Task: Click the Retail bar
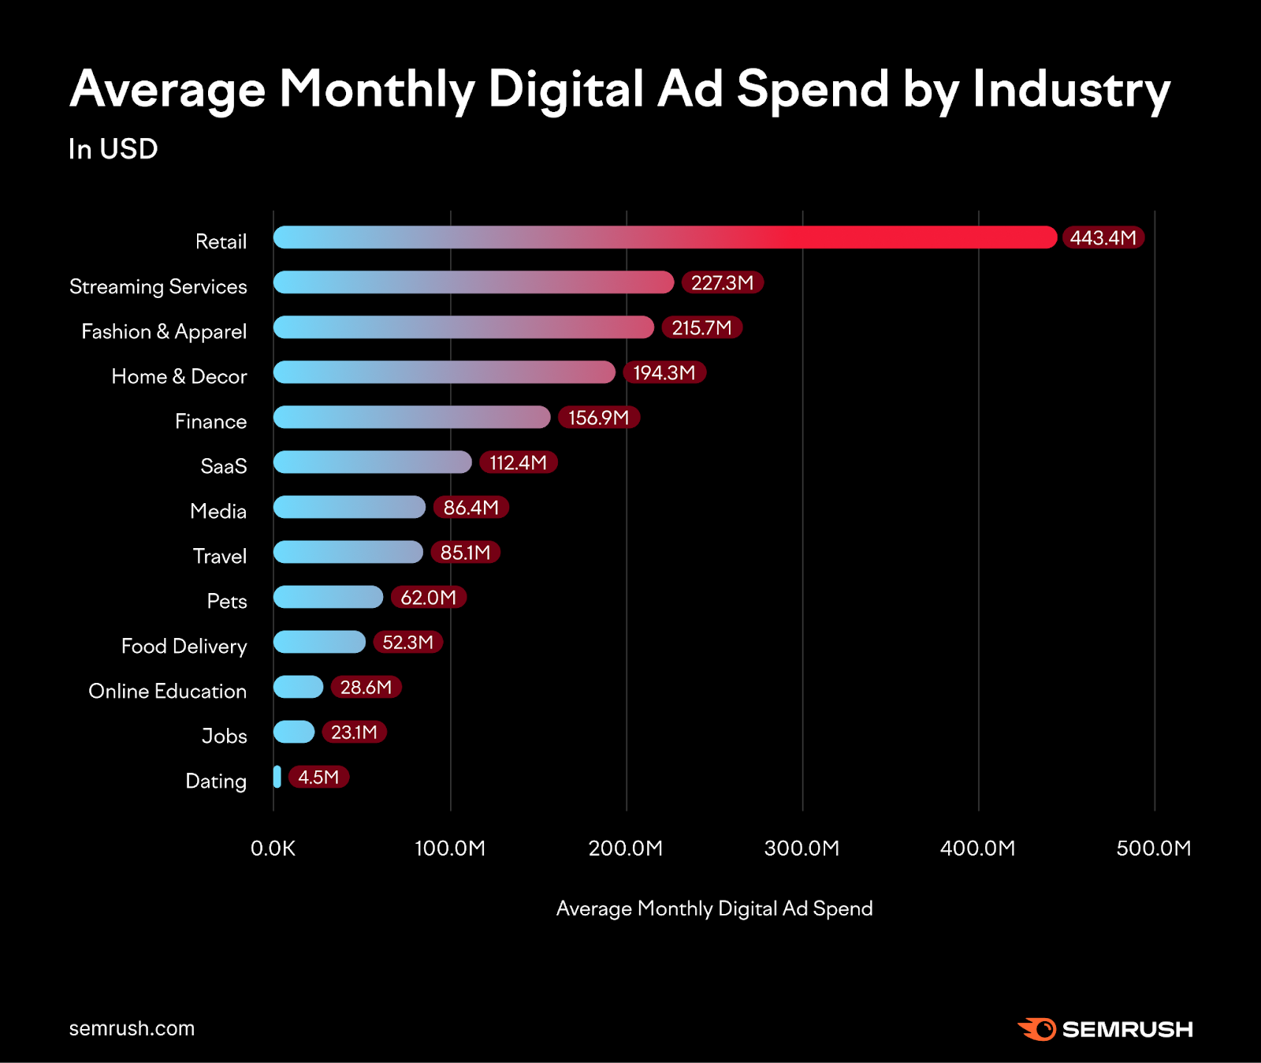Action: (664, 237)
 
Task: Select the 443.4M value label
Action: (1103, 237)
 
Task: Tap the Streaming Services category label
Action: (158, 286)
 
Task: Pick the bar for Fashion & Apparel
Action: (463, 327)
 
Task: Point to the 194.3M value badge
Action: (664, 372)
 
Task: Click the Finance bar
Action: (411, 417)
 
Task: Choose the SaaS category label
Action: (224, 466)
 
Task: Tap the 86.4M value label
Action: (471, 507)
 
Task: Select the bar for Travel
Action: (348, 552)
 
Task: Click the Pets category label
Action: (227, 601)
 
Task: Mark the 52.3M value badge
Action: (407, 642)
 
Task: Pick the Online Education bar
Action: (298, 687)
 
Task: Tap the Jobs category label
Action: (225, 736)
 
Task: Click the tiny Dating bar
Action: (277, 777)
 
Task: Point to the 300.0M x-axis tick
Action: (802, 849)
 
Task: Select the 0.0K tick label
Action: (273, 849)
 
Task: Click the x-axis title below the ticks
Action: (714, 908)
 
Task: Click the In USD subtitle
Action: (113, 149)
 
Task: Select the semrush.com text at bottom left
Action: (132, 1028)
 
